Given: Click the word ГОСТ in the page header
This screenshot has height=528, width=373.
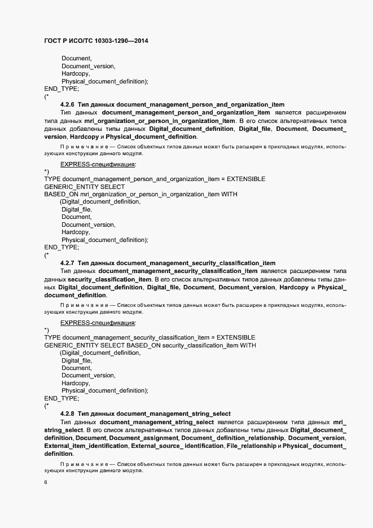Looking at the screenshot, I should tap(54, 41).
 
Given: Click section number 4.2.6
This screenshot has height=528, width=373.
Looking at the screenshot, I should tap(67, 104).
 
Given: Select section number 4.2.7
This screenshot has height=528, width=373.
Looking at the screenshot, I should tap(67, 263).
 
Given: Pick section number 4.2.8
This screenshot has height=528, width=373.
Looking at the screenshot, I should tap(67, 413).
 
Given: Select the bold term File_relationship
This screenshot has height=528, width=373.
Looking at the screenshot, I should tap(251, 446).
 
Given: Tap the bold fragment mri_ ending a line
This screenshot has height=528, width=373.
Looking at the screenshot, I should tap(340, 422).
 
